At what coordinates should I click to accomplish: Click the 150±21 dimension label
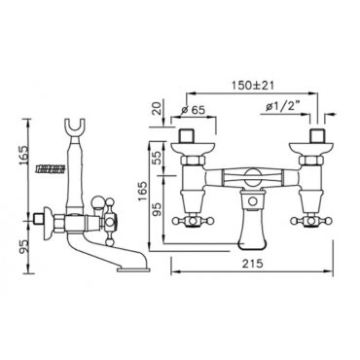[253, 86]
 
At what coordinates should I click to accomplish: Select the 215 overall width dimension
[252, 264]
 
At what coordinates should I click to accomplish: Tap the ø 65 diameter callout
[194, 110]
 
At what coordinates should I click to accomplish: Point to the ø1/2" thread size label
[282, 106]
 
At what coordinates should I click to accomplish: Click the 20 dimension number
[158, 110]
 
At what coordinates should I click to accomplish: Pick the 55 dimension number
[157, 158]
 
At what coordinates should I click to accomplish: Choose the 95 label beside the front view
[157, 209]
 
